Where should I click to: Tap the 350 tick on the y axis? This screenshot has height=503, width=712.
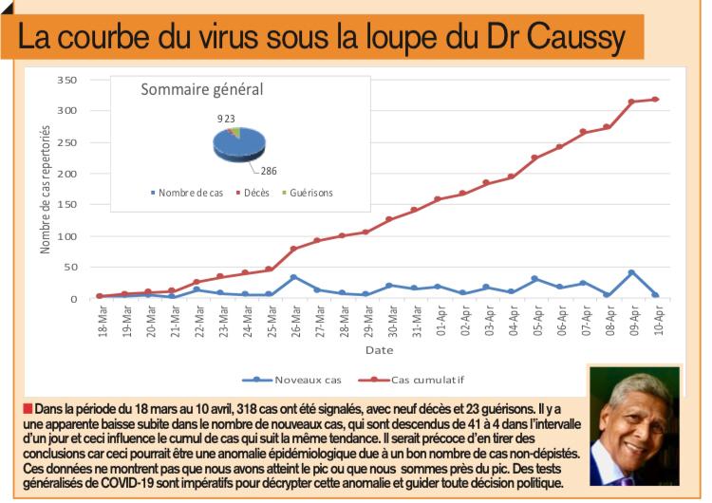click(x=66, y=81)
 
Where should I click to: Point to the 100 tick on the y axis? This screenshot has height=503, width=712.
click(x=66, y=236)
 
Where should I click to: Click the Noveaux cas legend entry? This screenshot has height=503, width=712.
click(x=307, y=380)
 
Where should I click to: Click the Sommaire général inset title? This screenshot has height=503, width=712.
click(x=201, y=91)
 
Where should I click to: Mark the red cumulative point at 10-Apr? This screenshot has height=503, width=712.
click(x=656, y=100)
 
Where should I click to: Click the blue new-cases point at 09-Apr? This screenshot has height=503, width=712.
click(x=631, y=273)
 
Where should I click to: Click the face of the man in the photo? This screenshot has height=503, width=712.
click(x=636, y=426)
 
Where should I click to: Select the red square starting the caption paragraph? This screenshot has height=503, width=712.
click(x=25, y=409)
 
